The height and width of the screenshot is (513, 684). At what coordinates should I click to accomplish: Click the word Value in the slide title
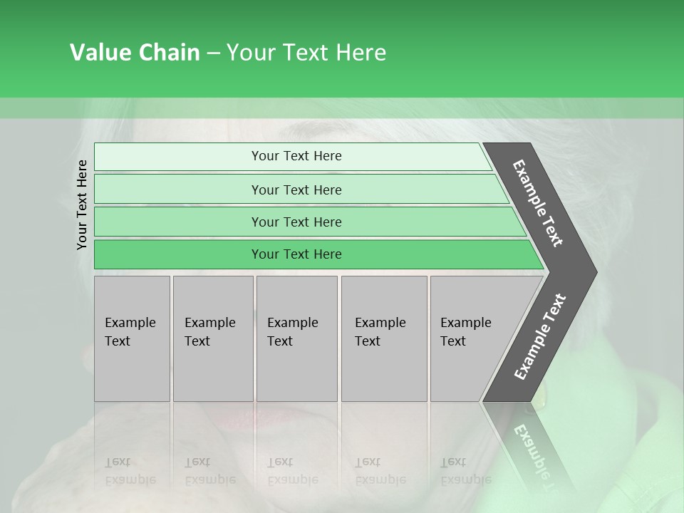(x=98, y=53)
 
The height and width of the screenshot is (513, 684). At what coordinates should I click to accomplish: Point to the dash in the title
(x=213, y=53)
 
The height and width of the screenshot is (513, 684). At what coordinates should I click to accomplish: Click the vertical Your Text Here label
(x=82, y=204)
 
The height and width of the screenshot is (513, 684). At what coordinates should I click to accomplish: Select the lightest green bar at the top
(x=296, y=156)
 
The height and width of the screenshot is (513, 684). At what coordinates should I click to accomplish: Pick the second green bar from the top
(x=296, y=190)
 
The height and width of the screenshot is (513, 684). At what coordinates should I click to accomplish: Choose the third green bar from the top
(x=296, y=222)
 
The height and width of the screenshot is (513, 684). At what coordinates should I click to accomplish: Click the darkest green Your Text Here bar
(x=296, y=254)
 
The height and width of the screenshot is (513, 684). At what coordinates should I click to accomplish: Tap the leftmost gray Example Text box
(x=132, y=338)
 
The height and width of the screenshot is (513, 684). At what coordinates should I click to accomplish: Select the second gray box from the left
(x=212, y=338)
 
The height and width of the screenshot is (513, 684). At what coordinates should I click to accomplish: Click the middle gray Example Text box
(x=296, y=338)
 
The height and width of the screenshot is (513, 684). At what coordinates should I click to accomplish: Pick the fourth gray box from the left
(x=383, y=338)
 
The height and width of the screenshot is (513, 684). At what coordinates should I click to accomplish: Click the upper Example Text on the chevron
(x=538, y=203)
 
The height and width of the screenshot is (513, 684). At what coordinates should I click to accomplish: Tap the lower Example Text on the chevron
(x=540, y=336)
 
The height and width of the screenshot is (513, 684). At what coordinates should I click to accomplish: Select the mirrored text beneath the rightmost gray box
(x=466, y=470)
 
